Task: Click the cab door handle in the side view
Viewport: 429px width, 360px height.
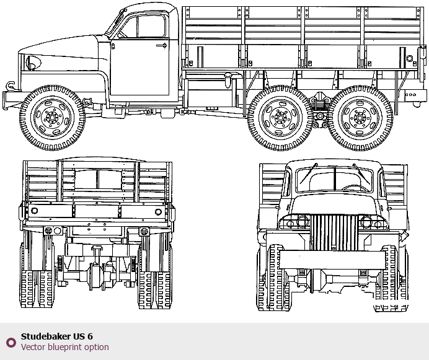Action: tap(162, 45)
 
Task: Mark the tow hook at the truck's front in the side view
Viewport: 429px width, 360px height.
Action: tap(11, 86)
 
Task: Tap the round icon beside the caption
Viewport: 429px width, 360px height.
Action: tap(11, 342)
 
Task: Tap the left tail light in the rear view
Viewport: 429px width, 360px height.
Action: tap(48, 230)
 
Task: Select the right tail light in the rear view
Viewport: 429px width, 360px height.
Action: tap(144, 231)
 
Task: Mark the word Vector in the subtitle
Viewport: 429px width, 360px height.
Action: tap(32, 347)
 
